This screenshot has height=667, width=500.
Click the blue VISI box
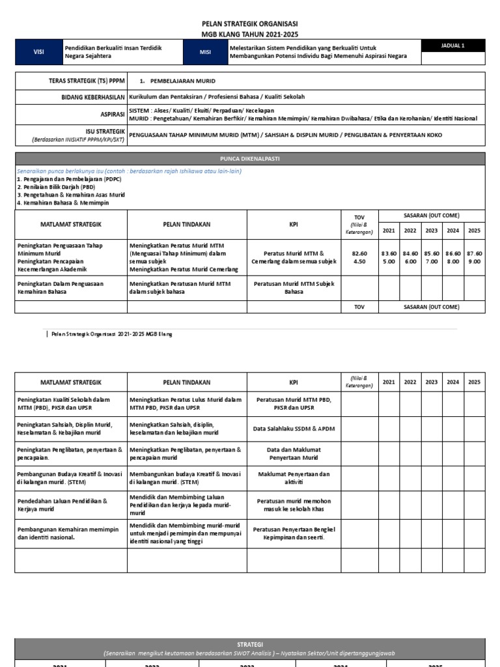coord(38,52)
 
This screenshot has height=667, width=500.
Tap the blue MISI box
coord(205,52)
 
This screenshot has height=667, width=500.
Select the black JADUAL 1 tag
coord(452,46)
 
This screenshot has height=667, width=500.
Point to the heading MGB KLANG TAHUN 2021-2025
coord(250,34)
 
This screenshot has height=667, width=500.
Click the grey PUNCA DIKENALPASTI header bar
coord(250,158)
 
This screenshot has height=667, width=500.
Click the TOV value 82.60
coord(359,253)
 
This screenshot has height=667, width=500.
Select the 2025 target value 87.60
coord(474,253)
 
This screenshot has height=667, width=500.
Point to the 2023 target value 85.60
coord(432,253)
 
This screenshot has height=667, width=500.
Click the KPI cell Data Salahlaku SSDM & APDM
coord(294,428)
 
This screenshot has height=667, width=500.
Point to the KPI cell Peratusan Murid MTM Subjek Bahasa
coord(294,289)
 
